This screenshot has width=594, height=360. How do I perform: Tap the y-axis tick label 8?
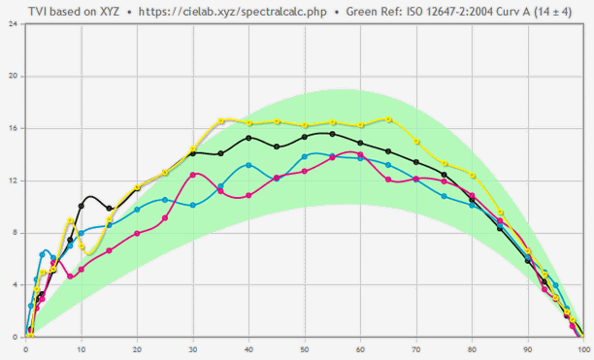[12, 233]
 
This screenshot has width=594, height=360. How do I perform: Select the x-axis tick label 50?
[304, 347]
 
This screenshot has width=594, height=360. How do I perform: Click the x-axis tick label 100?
[580, 347]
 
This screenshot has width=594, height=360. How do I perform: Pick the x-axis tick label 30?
[192, 347]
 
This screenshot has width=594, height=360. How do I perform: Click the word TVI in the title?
[15, 8]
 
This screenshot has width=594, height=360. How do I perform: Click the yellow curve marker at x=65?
[388, 119]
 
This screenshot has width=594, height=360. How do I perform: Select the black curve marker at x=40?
[248, 138]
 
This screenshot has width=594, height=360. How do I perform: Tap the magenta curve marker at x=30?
[193, 175]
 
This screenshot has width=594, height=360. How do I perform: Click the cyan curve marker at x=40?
[248, 165]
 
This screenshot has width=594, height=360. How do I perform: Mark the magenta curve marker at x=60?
[360, 153]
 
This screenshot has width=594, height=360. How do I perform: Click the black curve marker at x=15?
[110, 209]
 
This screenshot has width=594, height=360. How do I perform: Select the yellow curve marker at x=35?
[221, 120]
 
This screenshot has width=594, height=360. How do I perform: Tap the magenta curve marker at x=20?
[137, 233]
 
